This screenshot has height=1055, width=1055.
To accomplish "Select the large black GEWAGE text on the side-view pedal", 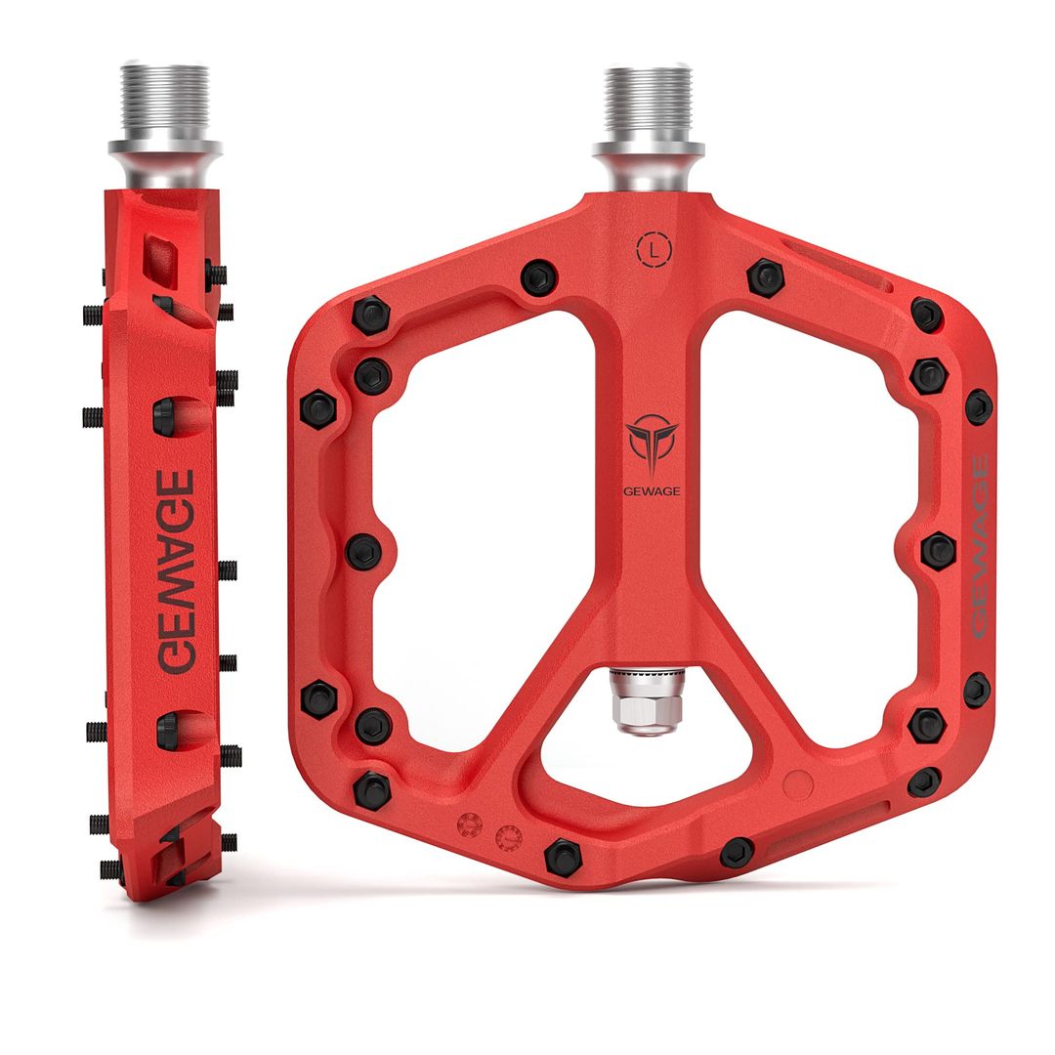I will point(177,571).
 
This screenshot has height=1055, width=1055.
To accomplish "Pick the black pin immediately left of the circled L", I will point(538,277).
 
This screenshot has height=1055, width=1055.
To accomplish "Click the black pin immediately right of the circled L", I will point(766,277).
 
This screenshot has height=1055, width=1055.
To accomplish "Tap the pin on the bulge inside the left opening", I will point(364,551).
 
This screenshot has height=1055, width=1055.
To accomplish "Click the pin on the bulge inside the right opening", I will point(938,550).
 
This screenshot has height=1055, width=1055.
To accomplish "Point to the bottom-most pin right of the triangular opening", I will point(738,852).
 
